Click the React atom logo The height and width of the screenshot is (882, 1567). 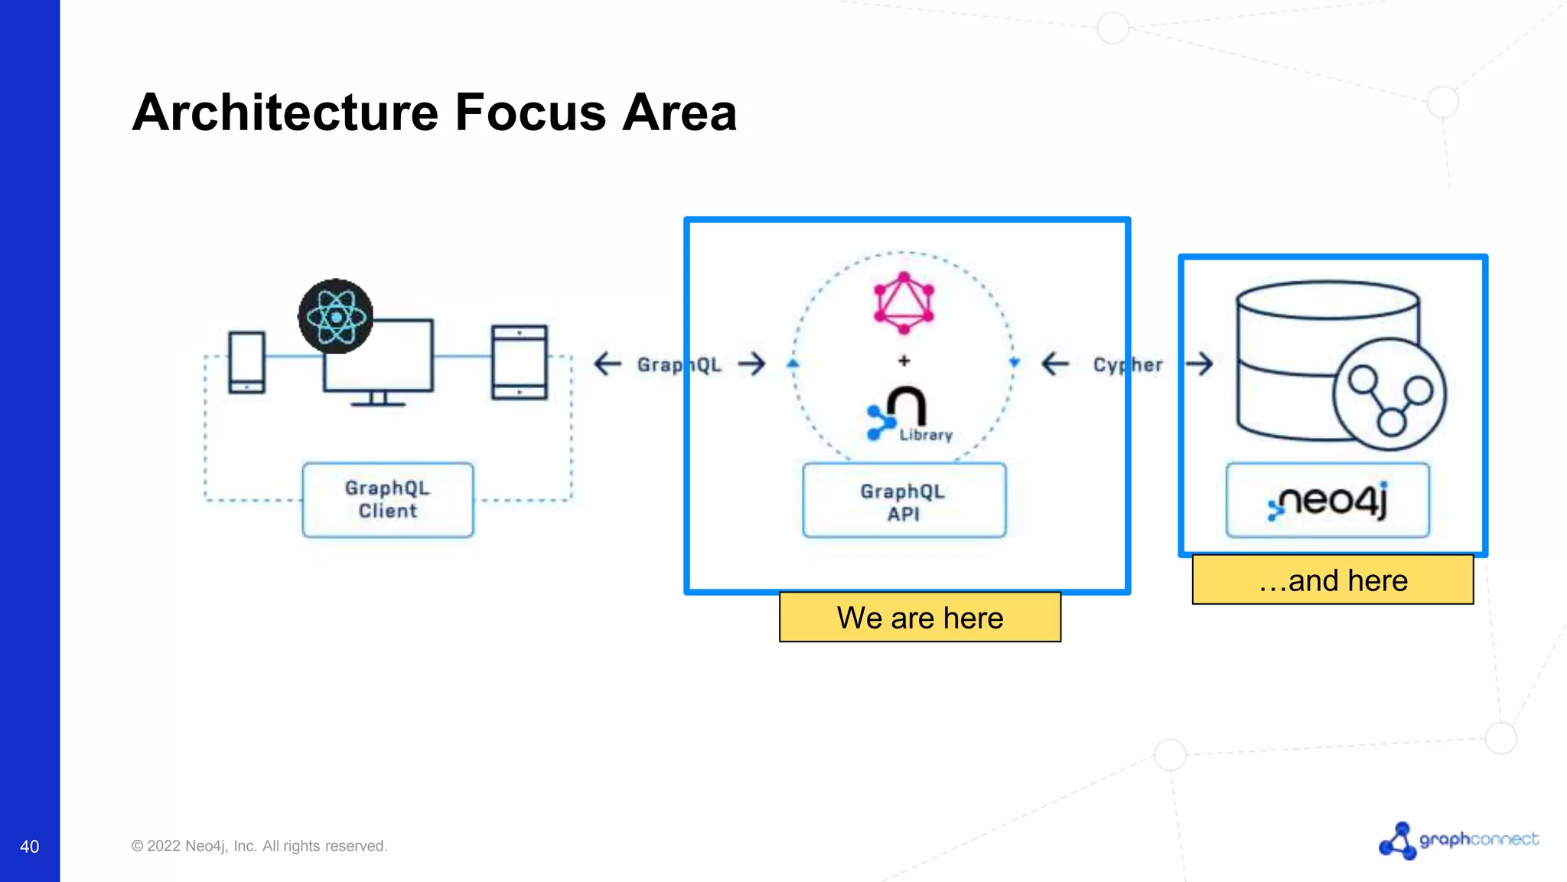pyautogui.click(x=335, y=316)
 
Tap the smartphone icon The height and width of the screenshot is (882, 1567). pyautogui.click(x=246, y=362)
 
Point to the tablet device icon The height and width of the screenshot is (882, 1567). pyautogui.click(x=520, y=362)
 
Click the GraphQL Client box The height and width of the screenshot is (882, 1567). pyautogui.click(x=388, y=500)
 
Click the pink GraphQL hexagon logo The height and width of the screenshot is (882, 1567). pyautogui.click(x=904, y=302)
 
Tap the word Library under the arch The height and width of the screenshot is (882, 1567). pyautogui.click(x=926, y=435)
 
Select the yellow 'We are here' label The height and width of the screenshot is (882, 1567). pyautogui.click(x=920, y=617)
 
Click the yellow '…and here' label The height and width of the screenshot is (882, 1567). pyautogui.click(x=1332, y=580)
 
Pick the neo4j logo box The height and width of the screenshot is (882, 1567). pyautogui.click(x=1328, y=501)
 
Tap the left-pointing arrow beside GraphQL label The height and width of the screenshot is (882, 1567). pyautogui.click(x=608, y=364)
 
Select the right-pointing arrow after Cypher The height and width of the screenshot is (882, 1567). pyautogui.click(x=1200, y=364)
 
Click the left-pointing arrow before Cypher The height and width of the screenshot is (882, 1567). pyautogui.click(x=1055, y=364)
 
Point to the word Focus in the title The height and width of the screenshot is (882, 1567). pyautogui.click(x=530, y=113)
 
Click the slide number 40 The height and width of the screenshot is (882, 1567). pyautogui.click(x=29, y=846)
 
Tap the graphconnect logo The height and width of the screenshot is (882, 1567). pyautogui.click(x=1458, y=840)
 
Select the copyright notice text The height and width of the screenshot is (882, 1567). pyautogui.click(x=259, y=846)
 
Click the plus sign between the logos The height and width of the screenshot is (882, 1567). pyautogui.click(x=904, y=361)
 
